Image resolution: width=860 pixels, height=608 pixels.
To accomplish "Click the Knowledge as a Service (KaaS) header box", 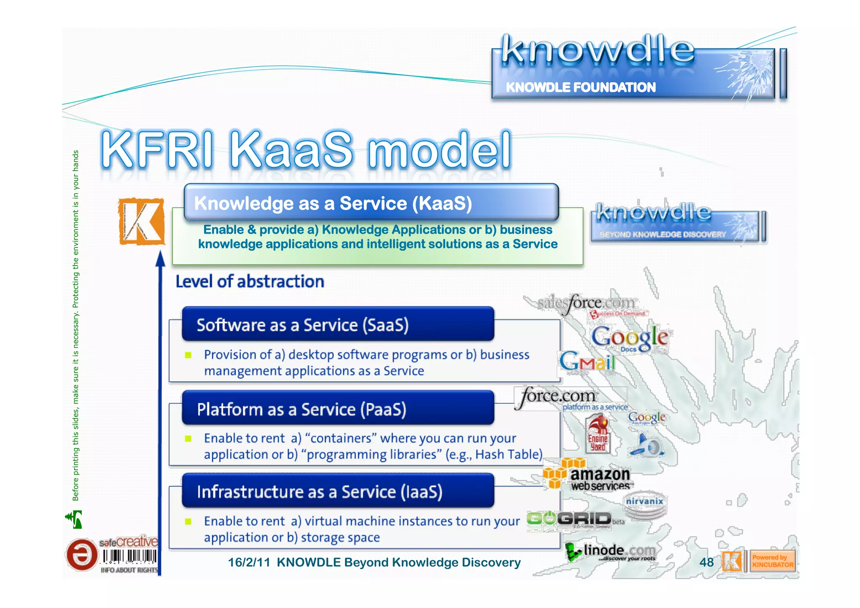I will tap(371, 203).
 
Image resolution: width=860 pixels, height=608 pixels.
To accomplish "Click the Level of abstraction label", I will tap(250, 282).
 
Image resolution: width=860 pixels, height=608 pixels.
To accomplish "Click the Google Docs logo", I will tap(629, 337).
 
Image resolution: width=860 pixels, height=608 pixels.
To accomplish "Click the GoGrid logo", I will tap(569, 519).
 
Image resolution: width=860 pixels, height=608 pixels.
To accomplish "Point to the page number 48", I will tap(706, 562).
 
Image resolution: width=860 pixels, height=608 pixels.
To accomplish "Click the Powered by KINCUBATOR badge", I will tap(772, 561).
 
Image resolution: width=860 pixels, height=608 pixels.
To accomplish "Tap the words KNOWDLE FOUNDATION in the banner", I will tap(580, 87).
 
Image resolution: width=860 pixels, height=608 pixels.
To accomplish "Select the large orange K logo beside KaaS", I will tap(141, 221).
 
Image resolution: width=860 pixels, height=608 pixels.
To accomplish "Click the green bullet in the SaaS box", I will tap(188, 355).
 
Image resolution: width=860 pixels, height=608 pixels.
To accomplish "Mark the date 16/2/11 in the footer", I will tap(249, 562).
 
